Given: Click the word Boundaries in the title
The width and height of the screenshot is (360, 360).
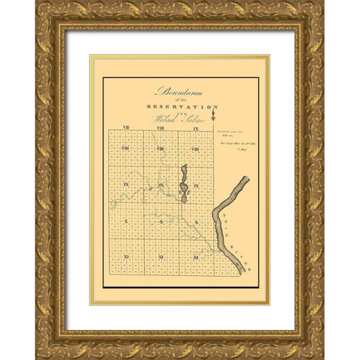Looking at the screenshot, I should [x=179, y=91].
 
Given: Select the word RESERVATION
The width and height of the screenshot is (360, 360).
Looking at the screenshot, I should [x=180, y=107].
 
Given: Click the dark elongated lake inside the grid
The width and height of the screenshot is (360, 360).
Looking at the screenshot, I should [x=184, y=184].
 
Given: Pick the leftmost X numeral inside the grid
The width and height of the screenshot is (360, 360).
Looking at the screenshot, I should [x=125, y=222].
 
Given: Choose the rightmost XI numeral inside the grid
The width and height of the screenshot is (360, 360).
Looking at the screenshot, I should [x=196, y=257].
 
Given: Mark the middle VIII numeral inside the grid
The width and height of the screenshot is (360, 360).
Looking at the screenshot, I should [x=160, y=148].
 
